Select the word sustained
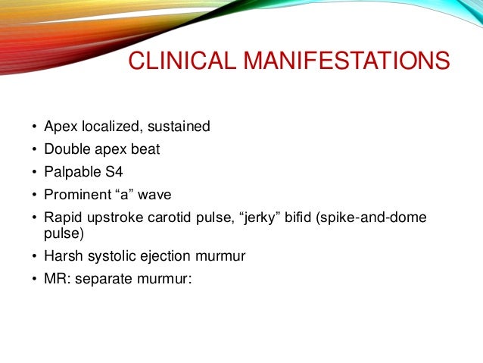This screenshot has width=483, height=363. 175,127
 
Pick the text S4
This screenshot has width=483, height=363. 114,172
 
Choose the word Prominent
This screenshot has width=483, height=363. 76,195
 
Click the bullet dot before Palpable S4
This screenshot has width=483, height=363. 33,173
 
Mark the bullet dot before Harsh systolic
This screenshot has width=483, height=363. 33,256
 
